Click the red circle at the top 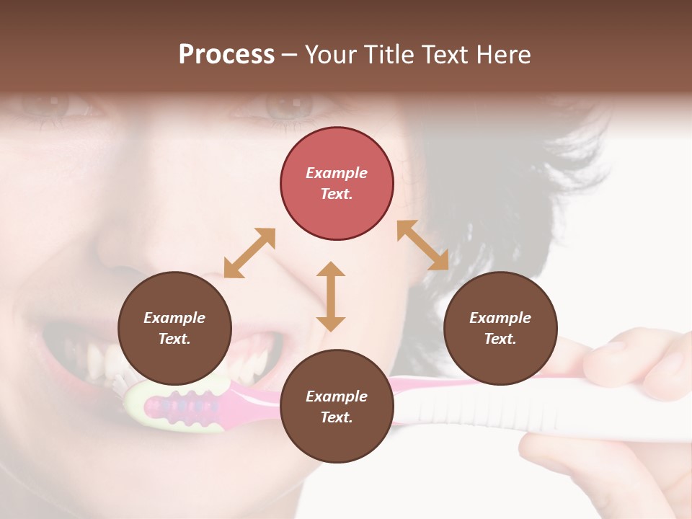(337, 183)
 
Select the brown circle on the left (174, 328)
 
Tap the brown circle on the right (500, 328)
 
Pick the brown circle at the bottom (337, 407)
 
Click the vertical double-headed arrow (331, 296)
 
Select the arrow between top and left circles (249, 253)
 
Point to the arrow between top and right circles (422, 245)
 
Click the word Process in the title (226, 55)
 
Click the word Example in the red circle (337, 173)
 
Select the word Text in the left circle (174, 339)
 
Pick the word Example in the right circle (500, 318)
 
